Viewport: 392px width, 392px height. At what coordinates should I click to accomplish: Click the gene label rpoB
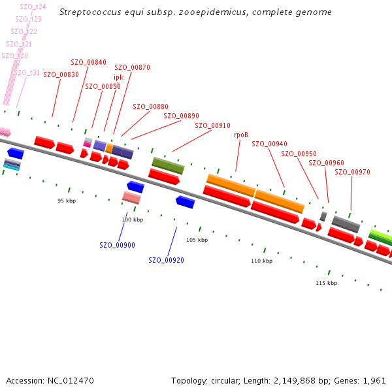pos(241,135)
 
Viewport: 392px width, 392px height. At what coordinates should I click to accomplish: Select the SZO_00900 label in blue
pos(118,245)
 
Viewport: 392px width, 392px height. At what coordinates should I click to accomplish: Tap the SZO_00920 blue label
pos(167,260)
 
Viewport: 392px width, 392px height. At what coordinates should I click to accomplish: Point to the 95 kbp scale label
pos(67,201)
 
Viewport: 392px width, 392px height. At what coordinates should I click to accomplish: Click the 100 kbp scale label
pos(132,220)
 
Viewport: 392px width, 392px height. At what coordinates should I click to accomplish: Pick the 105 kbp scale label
pos(197,240)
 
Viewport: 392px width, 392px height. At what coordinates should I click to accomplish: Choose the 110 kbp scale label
pos(261,261)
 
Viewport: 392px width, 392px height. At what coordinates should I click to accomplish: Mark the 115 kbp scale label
pos(326,283)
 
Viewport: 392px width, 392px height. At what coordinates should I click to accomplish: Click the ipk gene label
pos(118,76)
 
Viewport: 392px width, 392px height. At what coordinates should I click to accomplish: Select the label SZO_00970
pos(353,172)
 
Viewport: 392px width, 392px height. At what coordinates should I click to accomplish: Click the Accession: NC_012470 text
pos(50,380)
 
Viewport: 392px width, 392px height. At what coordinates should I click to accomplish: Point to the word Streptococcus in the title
pos(89,12)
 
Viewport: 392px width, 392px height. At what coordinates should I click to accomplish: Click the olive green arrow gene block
pos(168,165)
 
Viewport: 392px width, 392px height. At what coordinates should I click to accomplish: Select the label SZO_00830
pos(61,74)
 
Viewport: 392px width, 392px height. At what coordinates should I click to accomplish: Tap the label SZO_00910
pos(213,125)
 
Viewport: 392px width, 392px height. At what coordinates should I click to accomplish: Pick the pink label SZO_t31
pos(27,73)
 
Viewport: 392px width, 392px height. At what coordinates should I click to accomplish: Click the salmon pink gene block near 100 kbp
pos(131,197)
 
